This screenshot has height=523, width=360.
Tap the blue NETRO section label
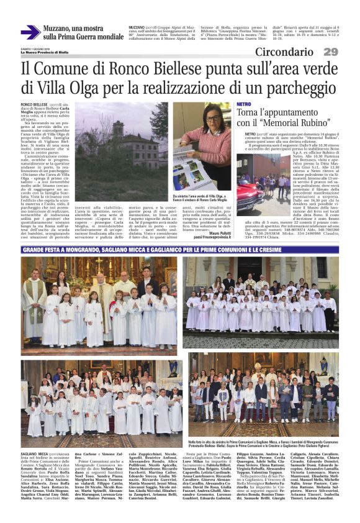coord(243,104)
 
